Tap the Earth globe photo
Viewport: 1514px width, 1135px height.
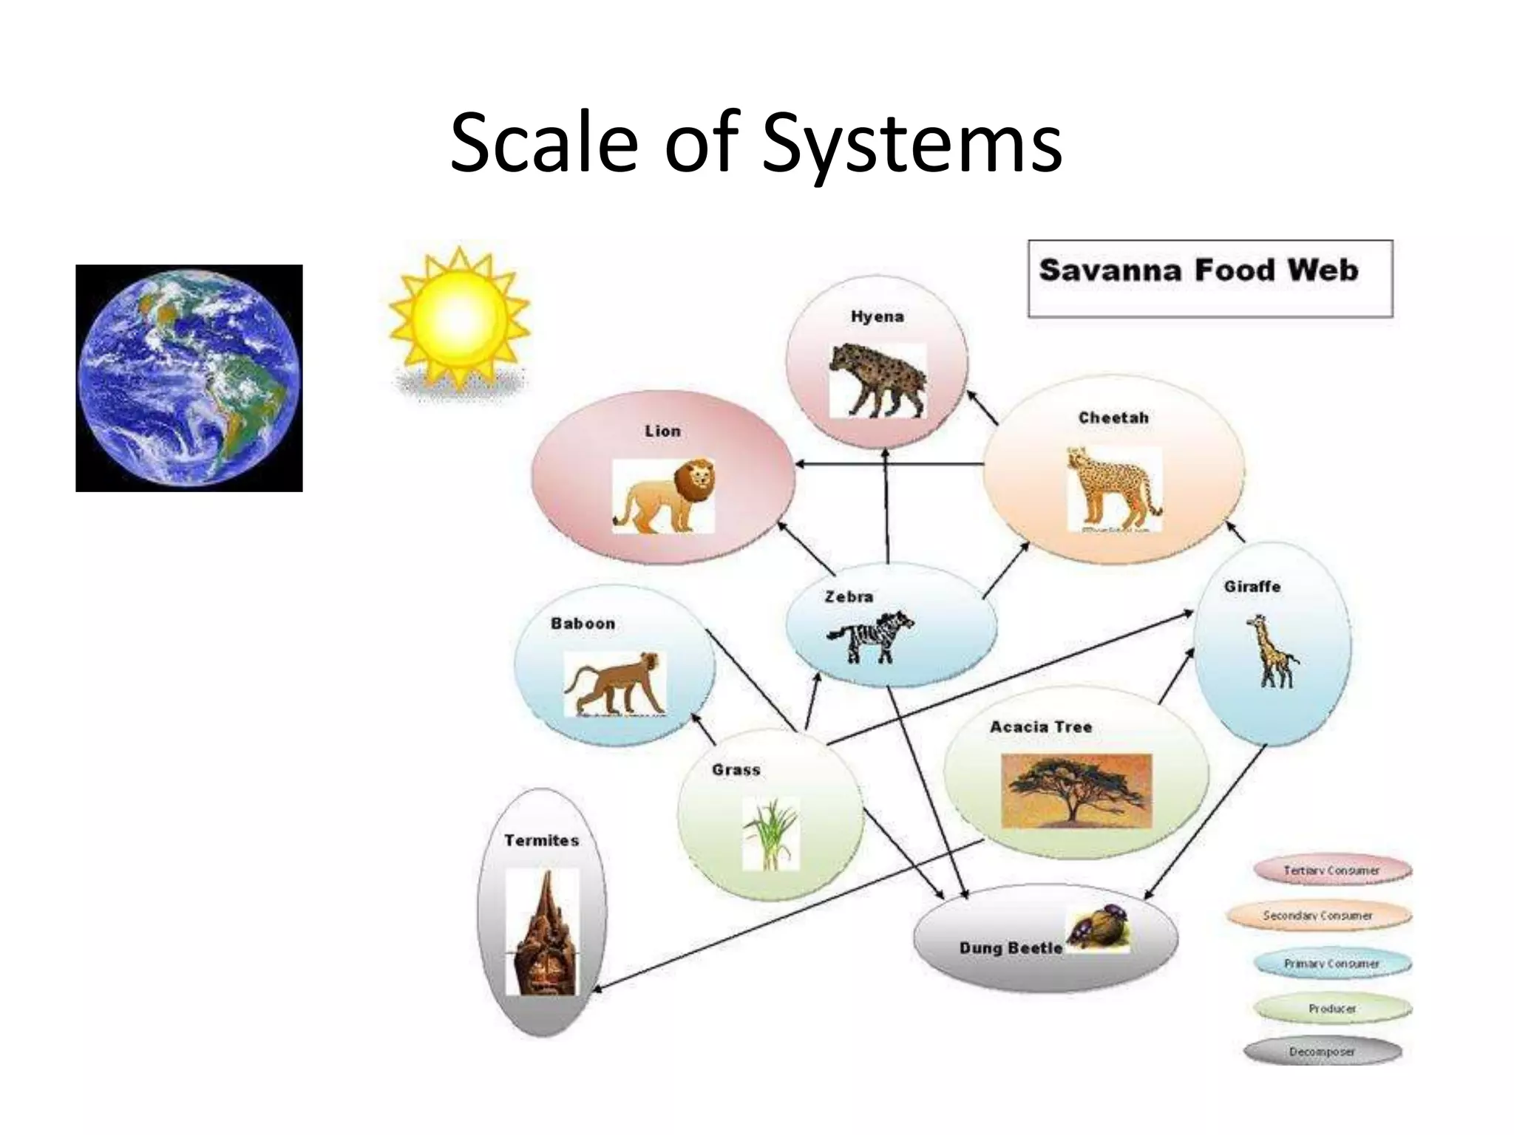click(x=189, y=378)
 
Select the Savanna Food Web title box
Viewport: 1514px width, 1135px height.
click(x=1210, y=279)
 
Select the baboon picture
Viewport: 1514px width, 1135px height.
click(x=614, y=684)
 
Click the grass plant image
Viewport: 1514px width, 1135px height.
click(x=770, y=834)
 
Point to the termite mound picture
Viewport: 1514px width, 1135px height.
click(x=543, y=932)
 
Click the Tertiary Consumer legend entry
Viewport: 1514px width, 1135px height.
click(x=1332, y=870)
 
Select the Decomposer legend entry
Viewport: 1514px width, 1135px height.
click(x=1323, y=1052)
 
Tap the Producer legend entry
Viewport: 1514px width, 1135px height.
click(x=1332, y=1008)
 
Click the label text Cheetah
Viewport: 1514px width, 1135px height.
click(x=1113, y=417)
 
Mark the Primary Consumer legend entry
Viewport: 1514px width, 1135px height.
click(x=1332, y=964)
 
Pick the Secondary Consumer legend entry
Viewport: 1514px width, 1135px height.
click(x=1318, y=916)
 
